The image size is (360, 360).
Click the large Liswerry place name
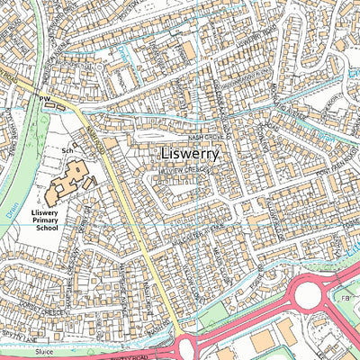[188, 154]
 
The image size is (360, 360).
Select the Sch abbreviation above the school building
[66, 149]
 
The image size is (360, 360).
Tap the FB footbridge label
[344, 297]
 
